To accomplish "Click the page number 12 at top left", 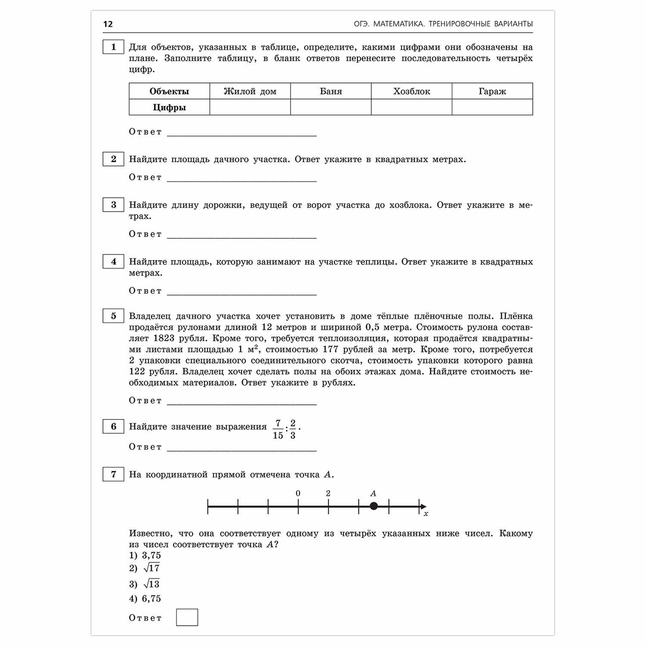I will (x=108, y=24).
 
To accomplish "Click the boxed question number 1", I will (x=113, y=47).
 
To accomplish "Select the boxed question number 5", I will (x=113, y=316).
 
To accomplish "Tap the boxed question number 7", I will (x=113, y=475).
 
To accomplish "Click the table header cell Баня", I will (x=331, y=91).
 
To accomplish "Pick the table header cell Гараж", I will (x=492, y=91).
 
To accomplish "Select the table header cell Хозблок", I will (x=411, y=91).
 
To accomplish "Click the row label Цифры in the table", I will (x=169, y=107).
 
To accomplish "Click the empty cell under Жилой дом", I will (x=250, y=107).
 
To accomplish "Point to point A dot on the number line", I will (x=373, y=506).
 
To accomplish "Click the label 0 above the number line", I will (x=298, y=494).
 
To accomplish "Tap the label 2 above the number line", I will (x=328, y=494).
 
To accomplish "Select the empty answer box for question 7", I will (x=187, y=617).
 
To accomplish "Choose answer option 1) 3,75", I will (x=145, y=556).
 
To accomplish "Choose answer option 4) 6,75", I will (x=145, y=599).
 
